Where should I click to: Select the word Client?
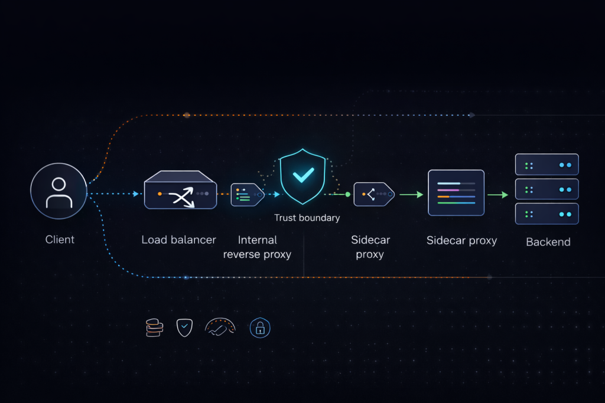[x=60, y=240]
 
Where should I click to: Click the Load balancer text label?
[x=179, y=240]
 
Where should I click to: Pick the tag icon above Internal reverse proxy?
[x=246, y=194]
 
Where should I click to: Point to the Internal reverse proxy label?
[x=257, y=247]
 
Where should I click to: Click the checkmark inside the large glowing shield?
[x=303, y=174]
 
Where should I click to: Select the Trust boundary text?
[x=307, y=218]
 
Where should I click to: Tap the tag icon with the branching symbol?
[x=373, y=194]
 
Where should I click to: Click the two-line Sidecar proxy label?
[x=370, y=247]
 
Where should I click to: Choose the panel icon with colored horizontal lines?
[x=456, y=192]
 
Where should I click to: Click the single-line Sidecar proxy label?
[x=461, y=240]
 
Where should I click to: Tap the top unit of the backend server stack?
[x=547, y=165]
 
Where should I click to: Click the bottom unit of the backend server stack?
[x=547, y=214]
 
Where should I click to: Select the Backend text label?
[x=548, y=242]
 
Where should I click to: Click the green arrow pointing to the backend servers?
[x=497, y=194]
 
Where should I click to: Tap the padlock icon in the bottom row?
[x=260, y=327]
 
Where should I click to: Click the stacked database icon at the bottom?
[x=154, y=327]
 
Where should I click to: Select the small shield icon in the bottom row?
[x=184, y=327]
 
